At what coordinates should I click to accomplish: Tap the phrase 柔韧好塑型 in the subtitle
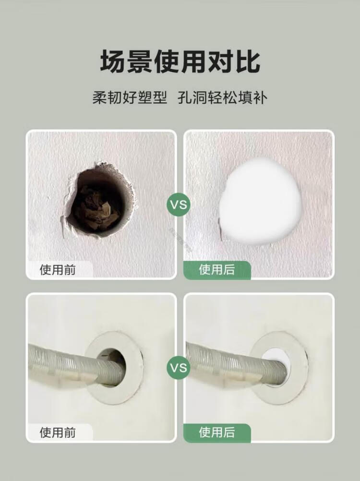(x=130, y=98)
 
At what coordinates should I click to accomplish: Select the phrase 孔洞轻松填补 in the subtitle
(x=222, y=98)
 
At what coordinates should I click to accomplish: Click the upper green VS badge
(x=179, y=204)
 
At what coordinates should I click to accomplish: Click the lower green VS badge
(x=179, y=367)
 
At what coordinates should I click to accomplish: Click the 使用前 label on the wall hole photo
(x=58, y=270)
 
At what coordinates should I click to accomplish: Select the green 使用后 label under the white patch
(x=217, y=270)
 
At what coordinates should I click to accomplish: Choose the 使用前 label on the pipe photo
(x=58, y=433)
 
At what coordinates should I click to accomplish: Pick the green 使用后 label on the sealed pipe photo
(x=217, y=432)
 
